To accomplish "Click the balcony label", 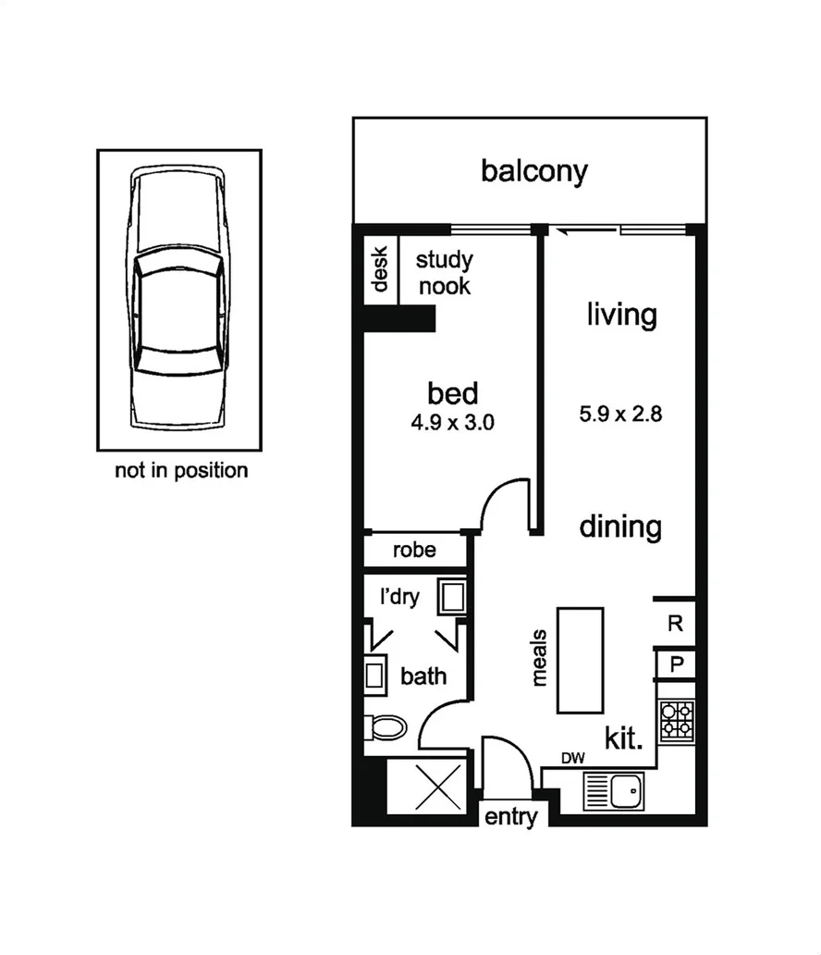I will coord(533,171).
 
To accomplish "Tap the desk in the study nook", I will coord(379,269).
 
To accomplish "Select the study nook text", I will coord(444,272).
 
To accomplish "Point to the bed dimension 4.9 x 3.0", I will coord(453,424).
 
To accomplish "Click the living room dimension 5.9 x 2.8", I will coord(620,414).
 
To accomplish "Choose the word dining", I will coord(620,527).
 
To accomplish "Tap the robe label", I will coord(414,551).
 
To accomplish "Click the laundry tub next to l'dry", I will coord(452,597).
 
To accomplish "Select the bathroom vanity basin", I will coord(375,674).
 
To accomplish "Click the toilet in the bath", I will coord(386,727).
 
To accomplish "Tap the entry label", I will coord(510,818).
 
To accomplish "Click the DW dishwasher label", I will coord(573,759).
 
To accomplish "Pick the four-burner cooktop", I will coord(676,720).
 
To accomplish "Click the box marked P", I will coord(676,664).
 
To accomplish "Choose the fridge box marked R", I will coord(676,624).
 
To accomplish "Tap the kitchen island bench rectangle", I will coord(581,659).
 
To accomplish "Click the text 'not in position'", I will coord(181,471).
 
